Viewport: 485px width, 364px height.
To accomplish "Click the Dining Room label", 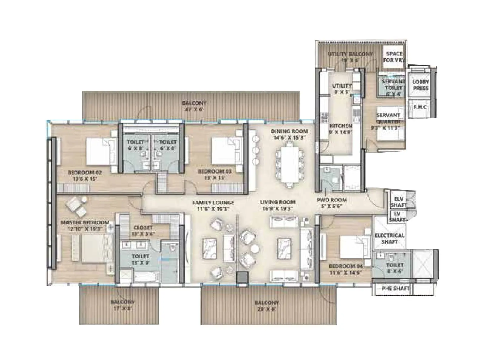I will pyautogui.click(x=289, y=131).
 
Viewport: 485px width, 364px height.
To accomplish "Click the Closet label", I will pyautogui.click(x=143, y=227).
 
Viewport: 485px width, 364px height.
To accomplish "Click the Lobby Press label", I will pyautogui.click(x=421, y=85).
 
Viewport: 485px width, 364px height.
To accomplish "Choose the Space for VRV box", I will pyautogui.click(x=394, y=57).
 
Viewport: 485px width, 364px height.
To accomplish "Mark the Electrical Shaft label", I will pyautogui.click(x=390, y=238).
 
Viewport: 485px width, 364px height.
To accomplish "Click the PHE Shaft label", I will pyautogui.click(x=395, y=288).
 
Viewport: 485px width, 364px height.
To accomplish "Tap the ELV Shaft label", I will pyautogui.click(x=398, y=202).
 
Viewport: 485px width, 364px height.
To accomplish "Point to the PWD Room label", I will pyautogui.click(x=332, y=200).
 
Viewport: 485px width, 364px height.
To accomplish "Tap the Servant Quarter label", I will pyautogui.click(x=388, y=118).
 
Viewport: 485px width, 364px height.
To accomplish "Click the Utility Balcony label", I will pyautogui.click(x=350, y=54).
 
